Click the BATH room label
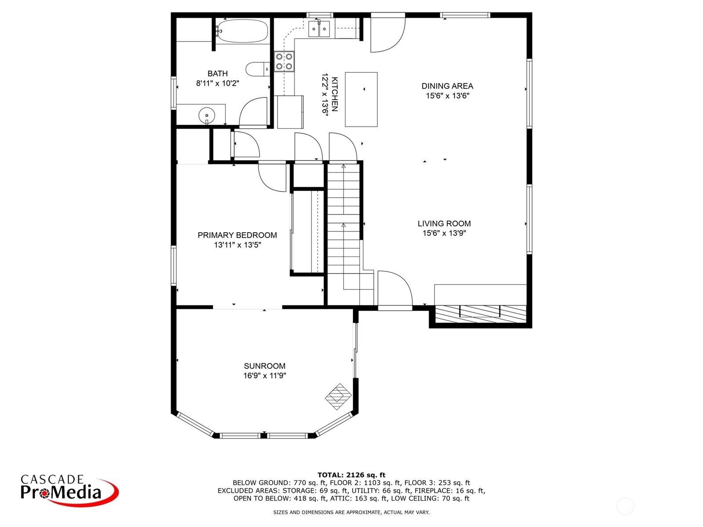(217, 74)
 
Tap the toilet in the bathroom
(258, 69)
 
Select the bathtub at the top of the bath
(242, 31)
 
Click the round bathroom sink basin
(207, 115)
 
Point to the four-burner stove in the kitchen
(284, 61)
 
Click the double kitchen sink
(319, 29)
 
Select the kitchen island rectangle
(361, 99)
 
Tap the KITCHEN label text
(334, 94)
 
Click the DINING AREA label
(447, 86)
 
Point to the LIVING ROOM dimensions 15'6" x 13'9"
(444, 233)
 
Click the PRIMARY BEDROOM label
(237, 235)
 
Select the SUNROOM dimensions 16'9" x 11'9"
(265, 375)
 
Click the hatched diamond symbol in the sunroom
(338, 397)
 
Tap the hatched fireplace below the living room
(480, 314)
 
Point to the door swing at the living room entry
(395, 288)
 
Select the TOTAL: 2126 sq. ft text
(351, 475)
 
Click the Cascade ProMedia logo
(69, 491)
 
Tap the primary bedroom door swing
(272, 178)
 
